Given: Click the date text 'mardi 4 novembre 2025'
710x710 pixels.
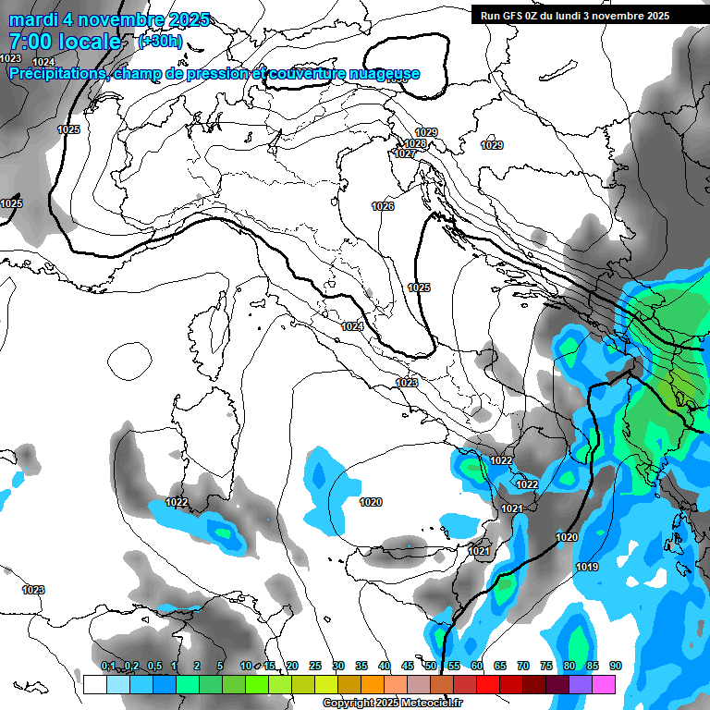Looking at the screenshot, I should pos(109,19).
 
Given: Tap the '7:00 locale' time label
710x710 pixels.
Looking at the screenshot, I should pos(65,42).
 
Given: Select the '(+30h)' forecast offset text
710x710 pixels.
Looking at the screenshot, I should pos(160,42).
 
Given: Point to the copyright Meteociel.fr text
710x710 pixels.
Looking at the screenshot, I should pos(392,703).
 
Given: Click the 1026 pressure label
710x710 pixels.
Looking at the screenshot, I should pos(383,206).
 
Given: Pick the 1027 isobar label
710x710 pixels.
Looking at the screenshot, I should pos(404,153).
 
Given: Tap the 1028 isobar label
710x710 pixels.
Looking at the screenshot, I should pos(415,143).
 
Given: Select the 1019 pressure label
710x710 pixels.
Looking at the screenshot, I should pos(586,567).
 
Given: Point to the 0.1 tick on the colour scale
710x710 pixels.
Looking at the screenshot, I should pos(108,667).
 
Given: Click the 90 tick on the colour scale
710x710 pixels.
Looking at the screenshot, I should pos(616,667).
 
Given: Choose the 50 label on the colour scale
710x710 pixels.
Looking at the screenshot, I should pos(431,667).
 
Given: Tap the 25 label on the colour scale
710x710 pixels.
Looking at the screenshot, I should pos(315,667).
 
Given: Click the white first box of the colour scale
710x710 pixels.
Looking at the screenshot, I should pos(94,684).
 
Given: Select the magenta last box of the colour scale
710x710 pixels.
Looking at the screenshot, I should pos(604,684).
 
